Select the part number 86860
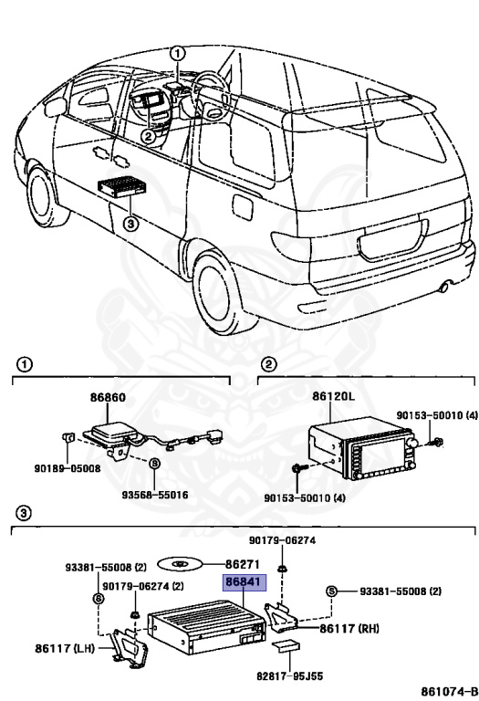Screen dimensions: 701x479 (x=108, y=398)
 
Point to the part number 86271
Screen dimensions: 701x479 (x=240, y=565)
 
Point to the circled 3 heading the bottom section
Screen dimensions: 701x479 (x=24, y=512)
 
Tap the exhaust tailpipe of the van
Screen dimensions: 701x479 (x=443, y=288)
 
